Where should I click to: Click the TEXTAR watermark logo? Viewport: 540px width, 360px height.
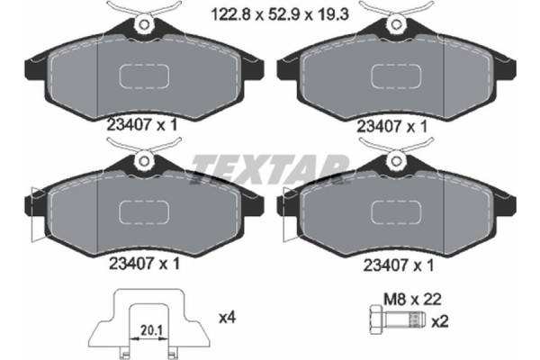pos(270,168)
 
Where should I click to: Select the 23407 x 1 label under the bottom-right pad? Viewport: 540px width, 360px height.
pos(392,265)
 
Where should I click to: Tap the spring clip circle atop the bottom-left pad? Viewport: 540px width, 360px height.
pos(142,162)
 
